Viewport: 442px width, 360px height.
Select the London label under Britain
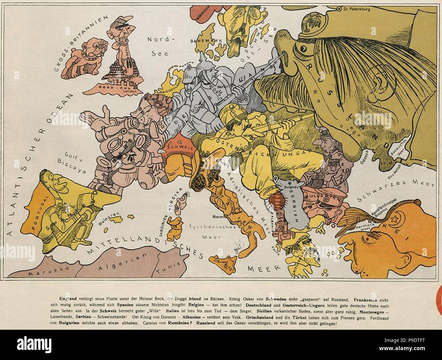pos(130,91)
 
